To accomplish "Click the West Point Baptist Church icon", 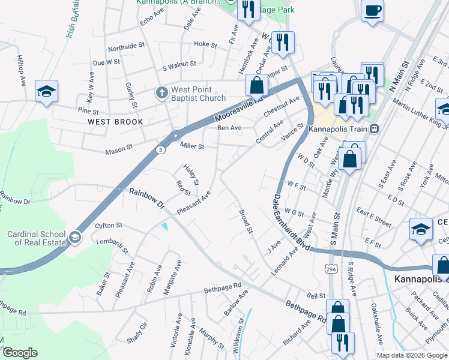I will tap(161, 93).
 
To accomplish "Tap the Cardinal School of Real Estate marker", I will tap(74, 238).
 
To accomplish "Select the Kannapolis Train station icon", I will tap(374, 128).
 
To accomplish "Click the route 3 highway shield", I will tap(160, 151).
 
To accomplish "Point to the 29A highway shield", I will tap(331, 269).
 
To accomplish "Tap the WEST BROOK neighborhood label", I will tap(115, 122).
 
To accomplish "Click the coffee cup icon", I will tap(372, 11).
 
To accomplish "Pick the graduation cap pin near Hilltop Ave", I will tap(46, 91).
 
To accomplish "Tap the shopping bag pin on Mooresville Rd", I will tap(256, 85).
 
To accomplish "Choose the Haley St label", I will tap(191, 175).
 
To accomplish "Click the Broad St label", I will tap(246, 221).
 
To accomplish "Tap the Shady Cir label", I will tap(137, 333).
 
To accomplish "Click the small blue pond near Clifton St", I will tap(164, 226).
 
